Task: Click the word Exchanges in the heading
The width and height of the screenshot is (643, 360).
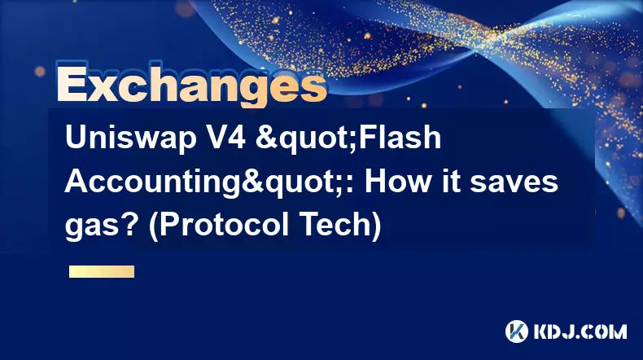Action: [x=191, y=85]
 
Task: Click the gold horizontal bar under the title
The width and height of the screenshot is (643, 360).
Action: [x=102, y=271]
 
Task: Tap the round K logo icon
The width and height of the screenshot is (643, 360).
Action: [x=517, y=331]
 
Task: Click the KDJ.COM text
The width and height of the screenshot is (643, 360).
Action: [x=580, y=331]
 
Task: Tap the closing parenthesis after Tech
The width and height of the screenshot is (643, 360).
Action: [x=377, y=226]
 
